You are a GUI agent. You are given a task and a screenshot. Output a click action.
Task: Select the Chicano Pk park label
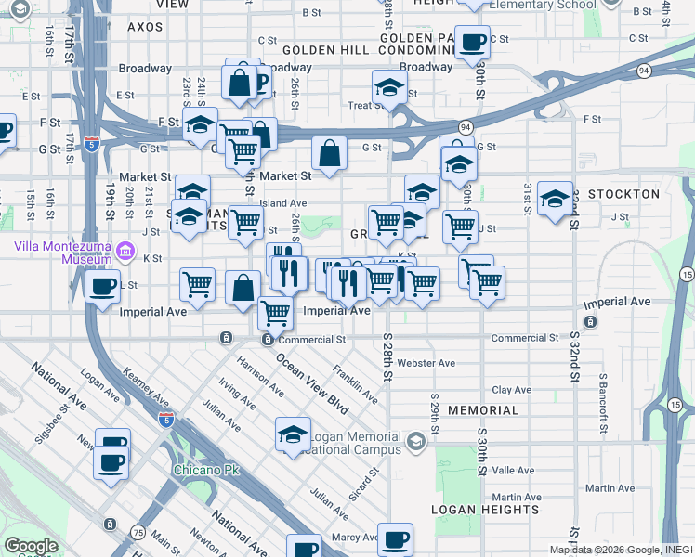205,470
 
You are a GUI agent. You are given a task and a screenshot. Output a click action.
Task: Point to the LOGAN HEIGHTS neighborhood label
485,509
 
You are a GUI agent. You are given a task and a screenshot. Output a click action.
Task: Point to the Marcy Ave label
355,537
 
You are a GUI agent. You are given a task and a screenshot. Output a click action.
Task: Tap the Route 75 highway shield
138,532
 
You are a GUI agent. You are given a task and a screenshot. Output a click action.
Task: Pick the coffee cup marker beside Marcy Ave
395,539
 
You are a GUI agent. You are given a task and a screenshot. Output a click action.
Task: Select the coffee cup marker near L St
103,287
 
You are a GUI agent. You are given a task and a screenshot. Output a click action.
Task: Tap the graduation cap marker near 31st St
555,200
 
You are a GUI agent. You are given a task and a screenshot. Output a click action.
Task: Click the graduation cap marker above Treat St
390,89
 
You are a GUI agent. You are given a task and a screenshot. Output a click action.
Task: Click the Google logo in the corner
31,546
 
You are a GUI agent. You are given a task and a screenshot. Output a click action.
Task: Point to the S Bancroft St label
603,399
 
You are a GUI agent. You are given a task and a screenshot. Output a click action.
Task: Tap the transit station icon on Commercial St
268,340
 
